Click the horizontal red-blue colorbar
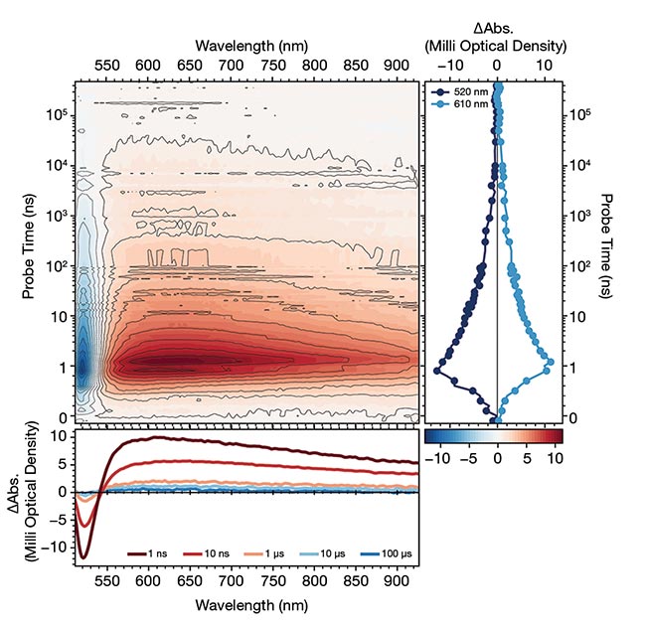tap(493, 435)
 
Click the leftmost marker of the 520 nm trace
tap(435, 370)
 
